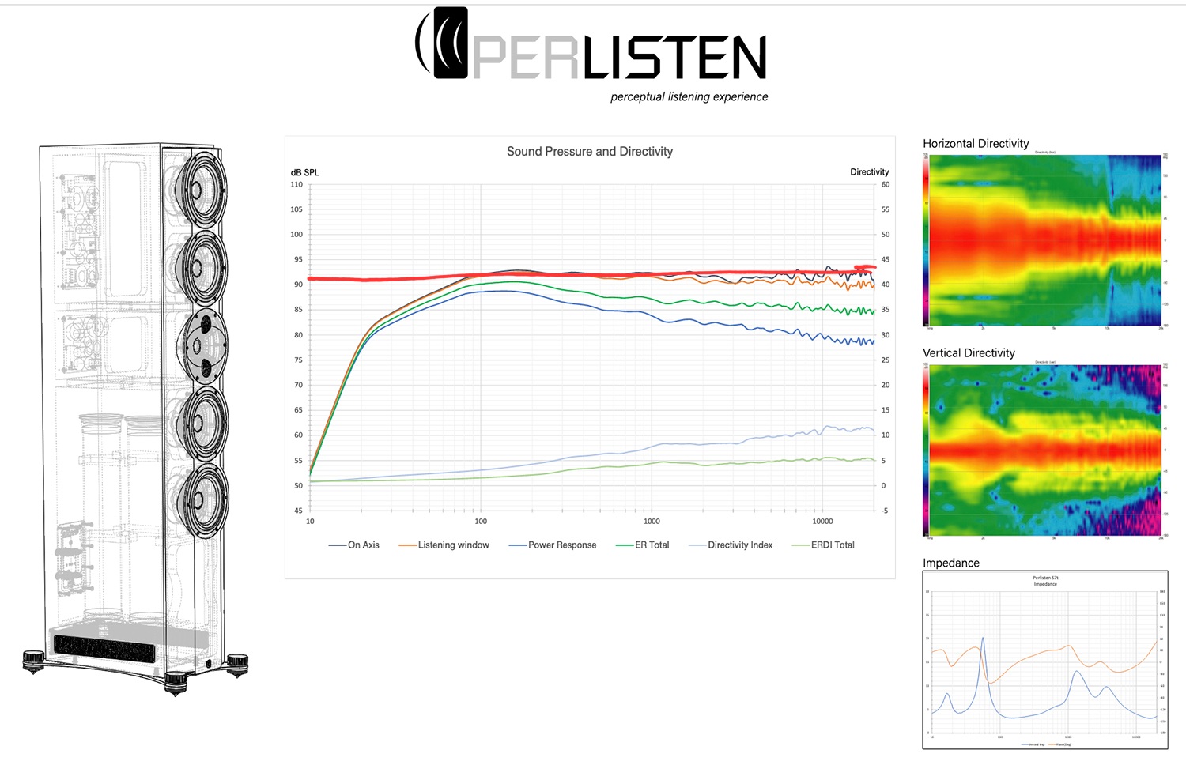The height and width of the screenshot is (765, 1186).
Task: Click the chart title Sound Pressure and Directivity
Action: [x=589, y=152]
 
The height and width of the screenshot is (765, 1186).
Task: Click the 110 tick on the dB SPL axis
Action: [x=296, y=185]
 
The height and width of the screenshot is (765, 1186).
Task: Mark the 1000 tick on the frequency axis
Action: [x=652, y=522]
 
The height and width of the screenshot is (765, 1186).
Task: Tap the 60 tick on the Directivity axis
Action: [x=886, y=185]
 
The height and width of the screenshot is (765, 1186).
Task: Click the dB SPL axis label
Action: [x=305, y=172]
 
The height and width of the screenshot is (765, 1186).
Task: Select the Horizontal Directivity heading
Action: [x=976, y=144]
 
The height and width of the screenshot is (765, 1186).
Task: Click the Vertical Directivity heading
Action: [x=969, y=353]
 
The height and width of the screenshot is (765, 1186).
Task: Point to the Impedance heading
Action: [x=951, y=563]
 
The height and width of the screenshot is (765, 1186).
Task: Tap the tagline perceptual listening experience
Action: [x=689, y=97]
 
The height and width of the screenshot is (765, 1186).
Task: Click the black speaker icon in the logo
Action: [x=450, y=43]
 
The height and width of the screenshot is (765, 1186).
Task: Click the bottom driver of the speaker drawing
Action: [x=202, y=499]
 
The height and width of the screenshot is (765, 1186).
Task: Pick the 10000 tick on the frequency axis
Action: [x=822, y=522]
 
